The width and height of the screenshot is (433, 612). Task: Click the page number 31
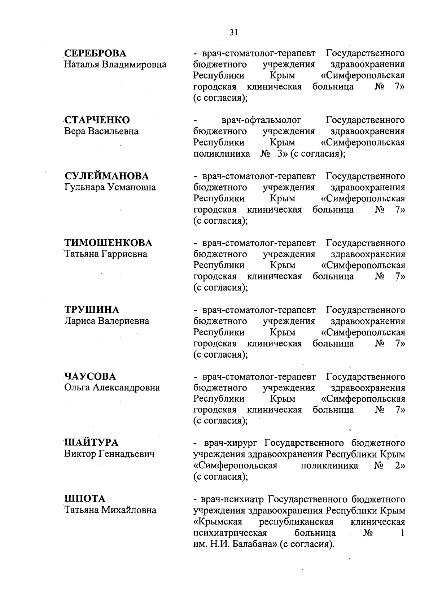coord(233,32)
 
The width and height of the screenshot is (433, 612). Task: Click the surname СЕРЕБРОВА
coord(96,53)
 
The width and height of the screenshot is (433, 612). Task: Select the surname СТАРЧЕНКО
coord(97,120)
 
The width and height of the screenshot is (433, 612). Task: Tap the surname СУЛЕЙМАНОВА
coord(106,176)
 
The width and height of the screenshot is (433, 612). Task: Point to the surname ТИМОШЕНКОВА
coord(108,243)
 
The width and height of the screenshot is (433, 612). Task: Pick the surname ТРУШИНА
coord(92,310)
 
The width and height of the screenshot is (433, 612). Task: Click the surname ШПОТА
coord(85,499)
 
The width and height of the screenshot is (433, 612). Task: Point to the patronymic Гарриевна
coord(124,254)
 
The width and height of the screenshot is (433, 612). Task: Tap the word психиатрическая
coord(230,533)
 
